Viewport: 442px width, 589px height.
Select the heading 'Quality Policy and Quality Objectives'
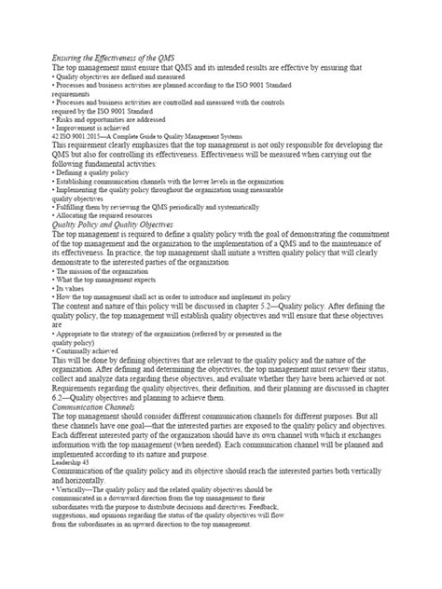(115, 224)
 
